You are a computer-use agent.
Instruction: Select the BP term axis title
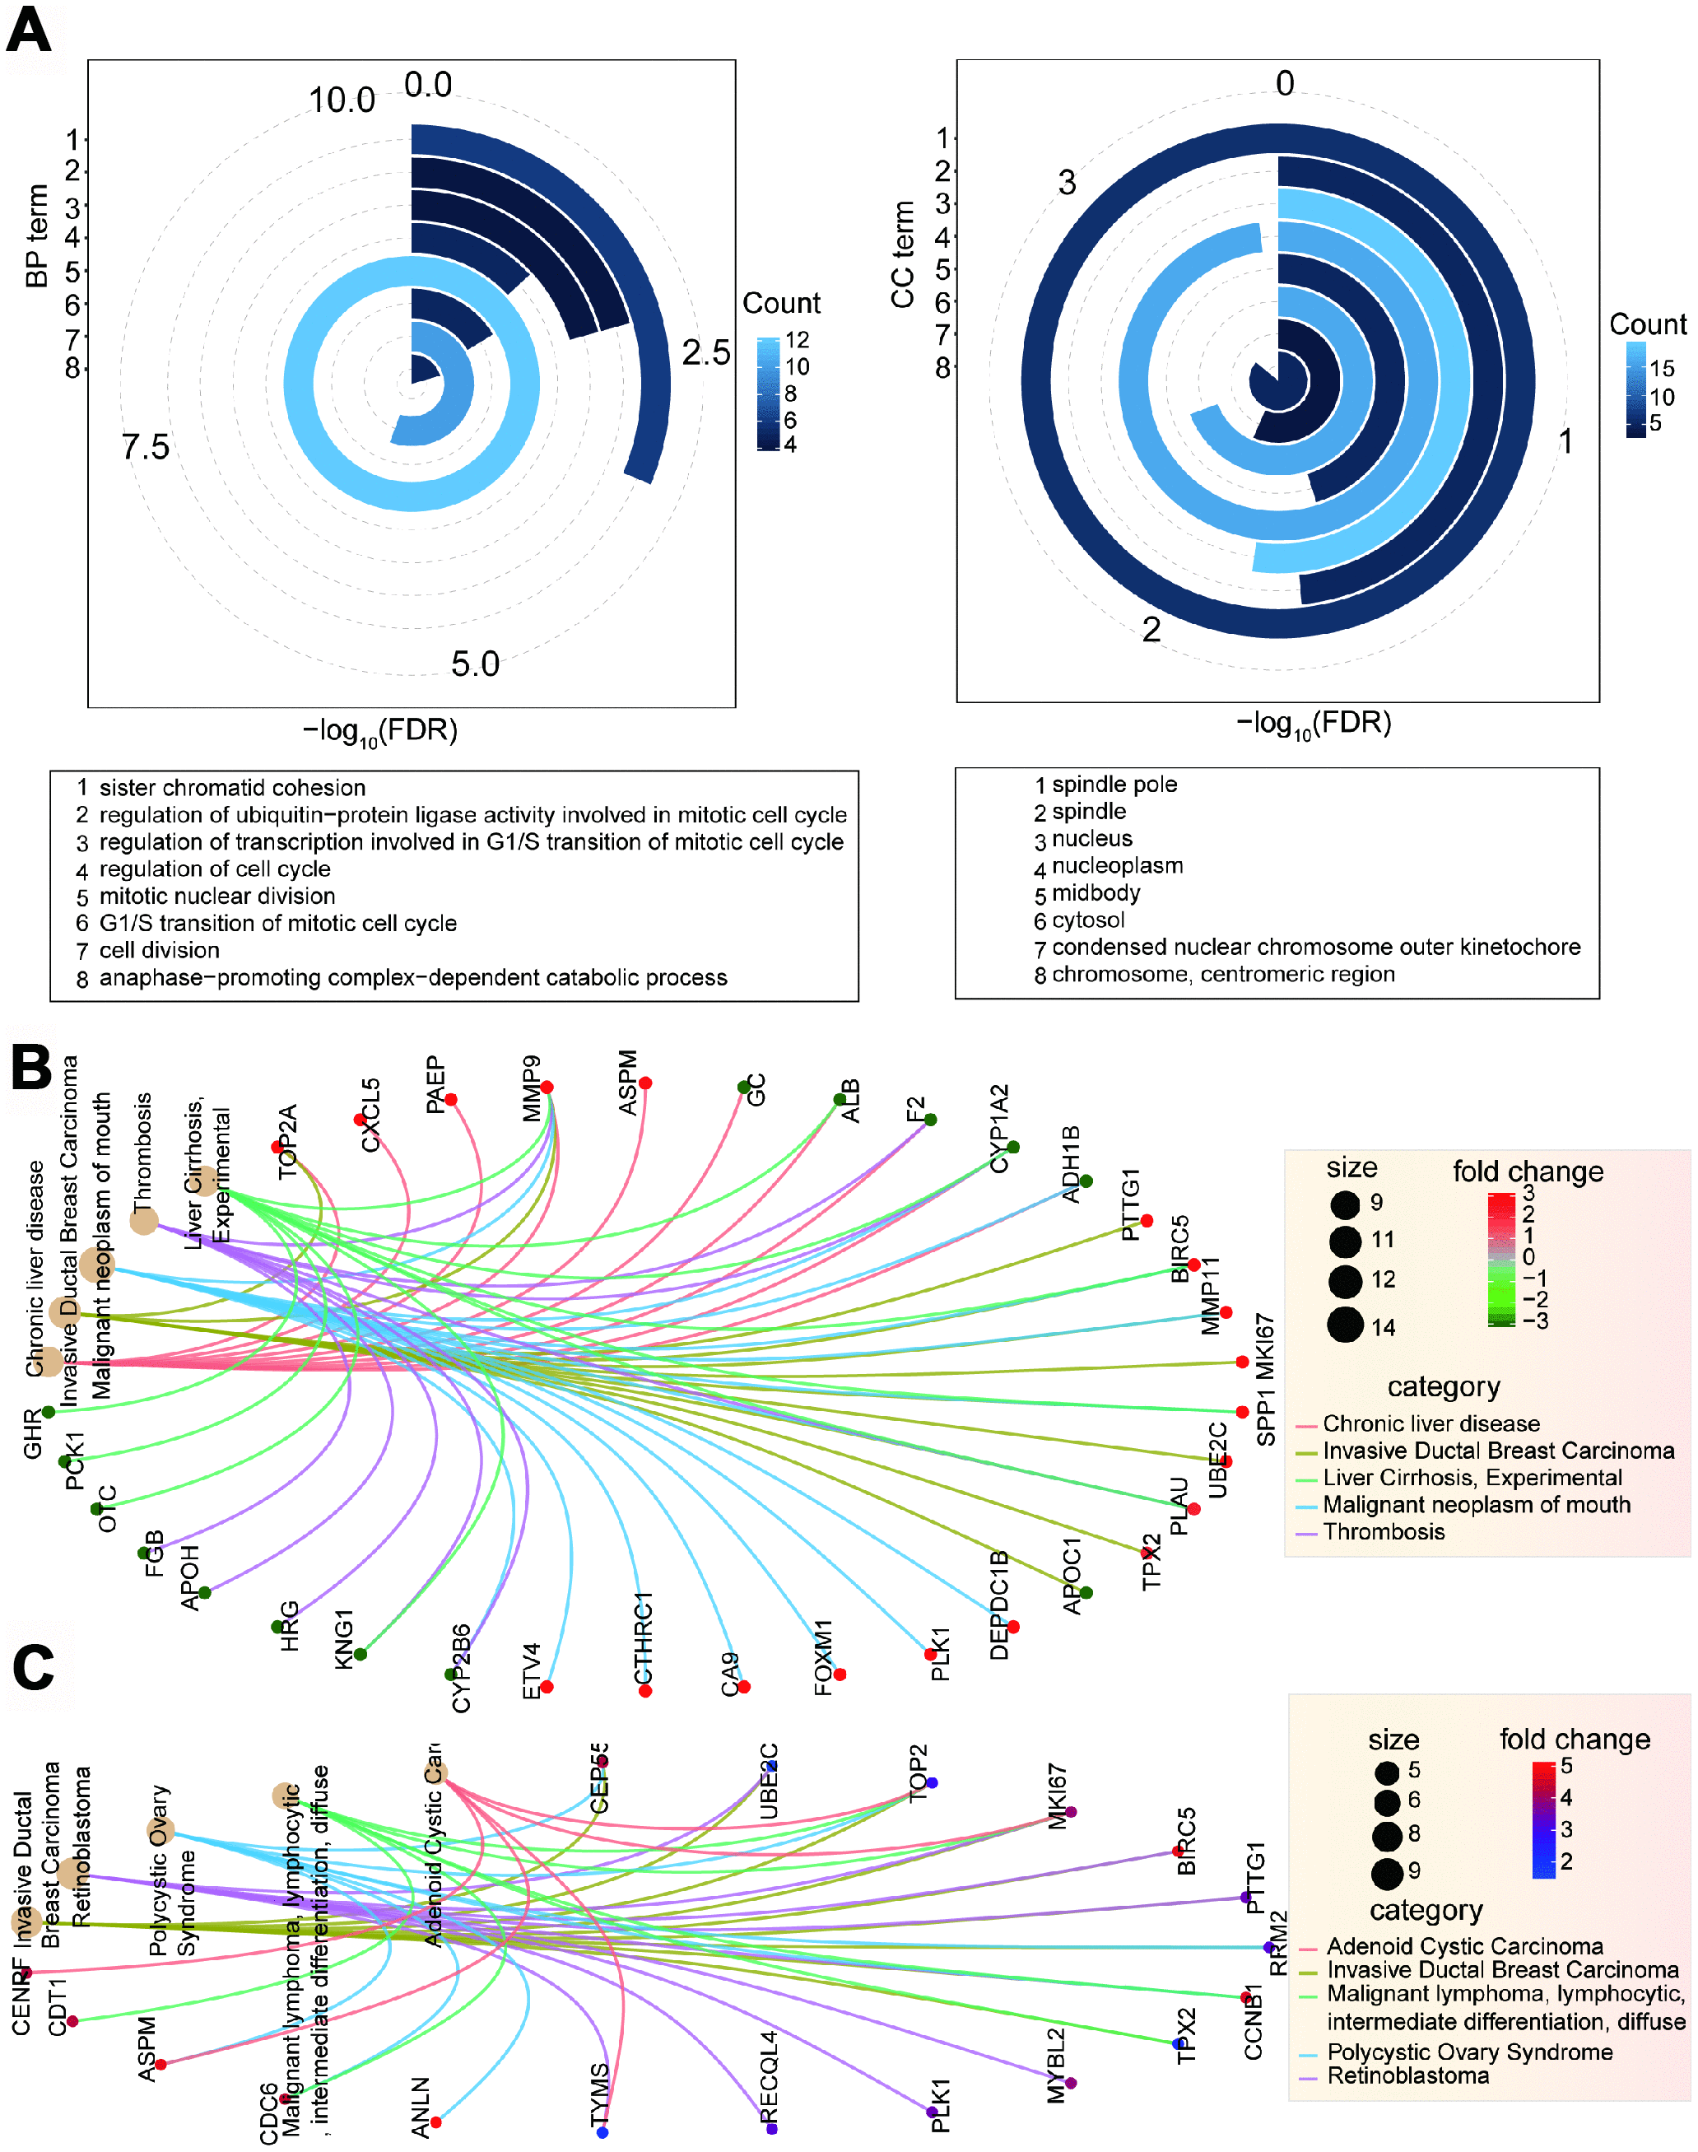coord(37,235)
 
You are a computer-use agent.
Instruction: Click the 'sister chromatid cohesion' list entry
coord(231,788)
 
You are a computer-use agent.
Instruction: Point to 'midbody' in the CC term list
coord(1096,893)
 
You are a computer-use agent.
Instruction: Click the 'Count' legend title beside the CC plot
coord(1647,324)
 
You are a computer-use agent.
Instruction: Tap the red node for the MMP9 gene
coord(547,1087)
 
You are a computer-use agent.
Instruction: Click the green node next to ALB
coord(840,1100)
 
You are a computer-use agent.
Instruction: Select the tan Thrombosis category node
coord(144,1220)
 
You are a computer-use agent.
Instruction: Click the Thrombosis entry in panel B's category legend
coord(1384,1531)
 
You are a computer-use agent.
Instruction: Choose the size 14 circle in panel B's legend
coord(1345,1325)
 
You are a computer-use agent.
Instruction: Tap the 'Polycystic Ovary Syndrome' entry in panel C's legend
coord(1469,2052)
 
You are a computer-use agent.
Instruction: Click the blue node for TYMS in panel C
coord(602,2131)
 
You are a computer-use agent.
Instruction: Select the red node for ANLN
coord(435,2122)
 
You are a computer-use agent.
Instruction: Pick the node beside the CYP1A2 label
coord(1013,1147)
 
